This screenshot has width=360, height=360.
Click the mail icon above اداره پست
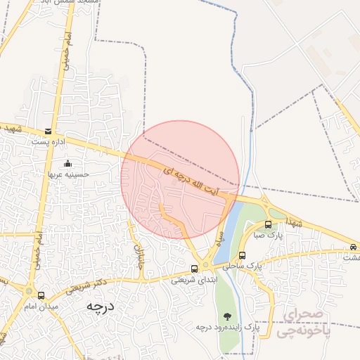[48, 131]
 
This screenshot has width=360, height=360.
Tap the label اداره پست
[47, 141]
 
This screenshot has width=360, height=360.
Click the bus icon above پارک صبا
[268, 225]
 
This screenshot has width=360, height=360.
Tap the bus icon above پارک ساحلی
[243, 256]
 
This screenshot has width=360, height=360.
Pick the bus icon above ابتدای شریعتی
[195, 269]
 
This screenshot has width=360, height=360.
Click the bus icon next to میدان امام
[41, 295]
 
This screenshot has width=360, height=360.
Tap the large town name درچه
[100, 308]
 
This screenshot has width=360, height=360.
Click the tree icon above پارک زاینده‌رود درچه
[226, 316]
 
